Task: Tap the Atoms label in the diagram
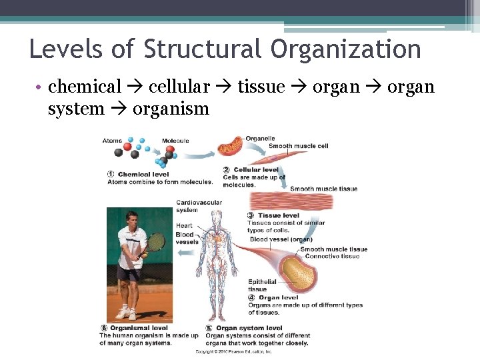point(112,141)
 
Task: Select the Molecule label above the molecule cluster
point(175,141)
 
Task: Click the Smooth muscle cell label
point(298,146)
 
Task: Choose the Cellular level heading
point(256,170)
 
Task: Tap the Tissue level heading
point(278,215)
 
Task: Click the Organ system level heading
point(249,328)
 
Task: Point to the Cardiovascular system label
point(199,206)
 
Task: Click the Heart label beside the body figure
point(184,226)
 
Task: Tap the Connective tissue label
point(331,257)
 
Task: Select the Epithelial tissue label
point(262,285)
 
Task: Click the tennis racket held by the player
point(156,241)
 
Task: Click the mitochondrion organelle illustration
point(233,145)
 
